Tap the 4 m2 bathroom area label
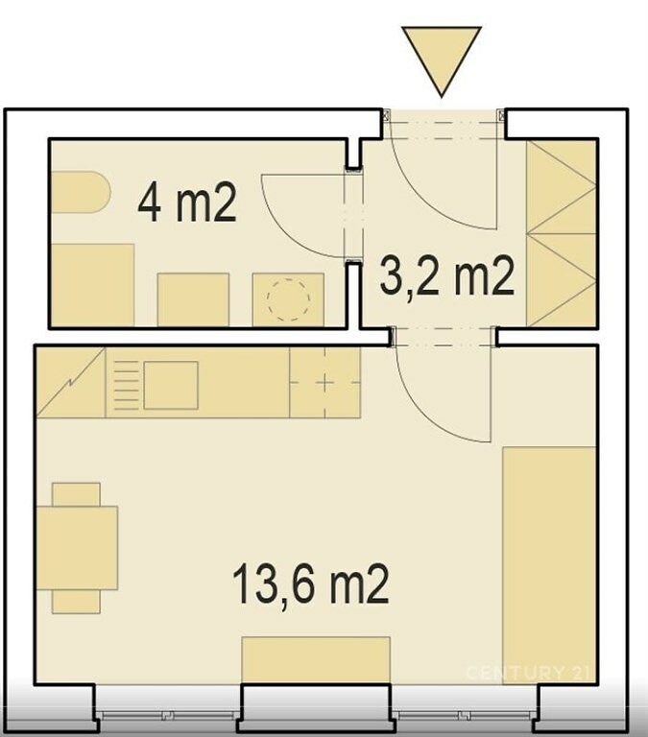pos(187,202)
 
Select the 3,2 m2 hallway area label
pos(446,276)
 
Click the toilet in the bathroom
pos(81,192)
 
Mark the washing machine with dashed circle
pos(288,299)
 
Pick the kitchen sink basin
pos(171,385)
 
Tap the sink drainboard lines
pos(127,385)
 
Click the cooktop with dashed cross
pos(324,383)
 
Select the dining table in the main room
pos(77,548)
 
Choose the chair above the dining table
pos(76,494)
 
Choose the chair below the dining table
pos(76,602)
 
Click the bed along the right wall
pos(549,565)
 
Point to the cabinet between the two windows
pos(316,660)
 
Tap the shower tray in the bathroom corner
pos(92,285)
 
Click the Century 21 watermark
pos(527,672)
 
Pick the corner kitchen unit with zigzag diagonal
pos(71,383)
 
